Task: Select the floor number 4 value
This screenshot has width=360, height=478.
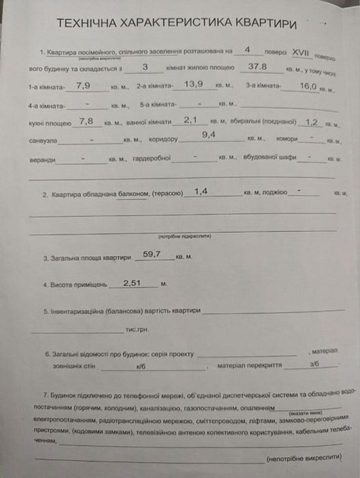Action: (247, 50)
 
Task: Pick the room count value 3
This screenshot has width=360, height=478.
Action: (145, 66)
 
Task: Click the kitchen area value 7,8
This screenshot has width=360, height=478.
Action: (86, 121)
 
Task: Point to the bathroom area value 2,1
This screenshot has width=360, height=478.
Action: (191, 121)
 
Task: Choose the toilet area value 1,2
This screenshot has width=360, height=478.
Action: (311, 121)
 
